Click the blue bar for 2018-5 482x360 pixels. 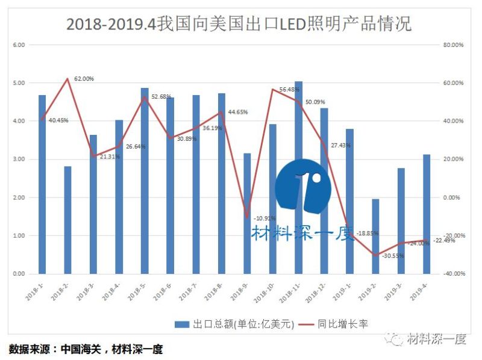[145, 181]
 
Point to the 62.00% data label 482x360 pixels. [84, 79]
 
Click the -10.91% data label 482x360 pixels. [265, 218]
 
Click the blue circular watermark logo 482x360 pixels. [303, 187]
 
